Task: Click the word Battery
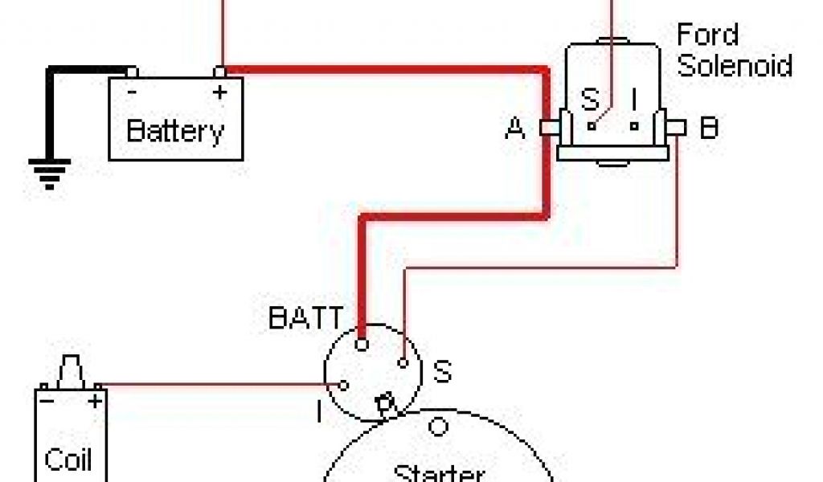[x=175, y=129]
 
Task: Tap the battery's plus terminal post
[x=219, y=73]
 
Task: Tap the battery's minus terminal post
[x=131, y=73]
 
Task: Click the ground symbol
[x=49, y=172]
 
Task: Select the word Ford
[x=707, y=35]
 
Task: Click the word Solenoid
[x=735, y=65]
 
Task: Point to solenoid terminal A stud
[x=549, y=127]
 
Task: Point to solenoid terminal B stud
[x=678, y=127]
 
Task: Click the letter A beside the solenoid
[x=515, y=128]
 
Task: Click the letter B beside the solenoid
[x=709, y=128]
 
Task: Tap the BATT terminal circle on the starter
[x=362, y=345]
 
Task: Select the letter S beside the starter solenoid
[x=442, y=371]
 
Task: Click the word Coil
[x=68, y=460]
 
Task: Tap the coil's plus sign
[x=96, y=399]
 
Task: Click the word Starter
[x=439, y=473]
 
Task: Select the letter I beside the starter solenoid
[x=319, y=413]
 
